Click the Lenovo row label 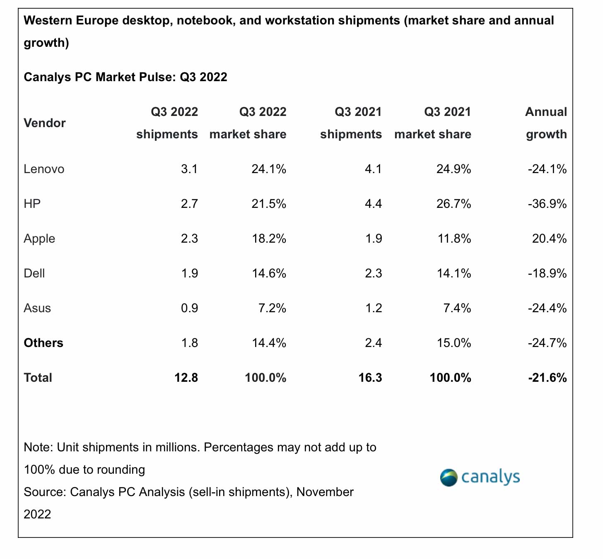click(44, 169)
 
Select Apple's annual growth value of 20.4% click(549, 239)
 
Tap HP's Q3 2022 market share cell click(269, 204)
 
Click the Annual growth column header click(546, 123)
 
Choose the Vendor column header click(45, 123)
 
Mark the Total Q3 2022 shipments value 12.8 click(186, 378)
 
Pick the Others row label click(43, 343)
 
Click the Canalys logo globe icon click(449, 477)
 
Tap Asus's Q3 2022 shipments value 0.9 click(190, 308)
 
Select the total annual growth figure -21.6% click(547, 378)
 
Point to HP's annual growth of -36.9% click(547, 204)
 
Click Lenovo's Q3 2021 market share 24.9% click(453, 169)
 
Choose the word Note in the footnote click(38, 447)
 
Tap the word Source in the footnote click(45, 492)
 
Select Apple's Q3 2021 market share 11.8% click(453, 239)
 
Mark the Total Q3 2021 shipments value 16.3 click(370, 378)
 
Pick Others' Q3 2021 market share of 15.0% click(453, 343)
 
